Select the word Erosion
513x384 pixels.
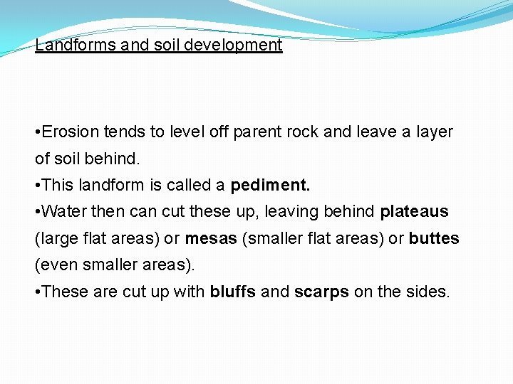pos(71,132)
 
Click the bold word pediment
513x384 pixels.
pos(270,186)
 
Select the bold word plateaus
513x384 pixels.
pos(415,212)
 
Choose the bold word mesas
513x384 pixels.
pos(212,238)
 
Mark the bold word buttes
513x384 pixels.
pos(434,238)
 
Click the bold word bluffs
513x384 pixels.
pos(233,292)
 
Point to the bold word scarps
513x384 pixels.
pos(321,292)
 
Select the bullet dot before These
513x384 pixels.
pos(38,292)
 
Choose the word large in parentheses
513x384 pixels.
pos(56,239)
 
